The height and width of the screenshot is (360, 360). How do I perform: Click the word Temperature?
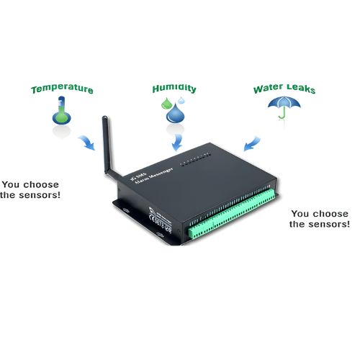click(x=62, y=90)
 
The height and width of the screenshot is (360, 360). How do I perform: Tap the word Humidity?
click(x=174, y=89)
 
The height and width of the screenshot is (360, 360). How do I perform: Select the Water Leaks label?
click(x=284, y=90)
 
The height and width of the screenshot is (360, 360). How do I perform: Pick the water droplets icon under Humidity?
click(x=173, y=109)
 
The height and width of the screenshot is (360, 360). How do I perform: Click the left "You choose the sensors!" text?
click(x=30, y=189)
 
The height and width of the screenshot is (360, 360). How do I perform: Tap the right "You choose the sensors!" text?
click(x=320, y=219)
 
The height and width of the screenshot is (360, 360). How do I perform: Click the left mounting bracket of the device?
click(x=123, y=209)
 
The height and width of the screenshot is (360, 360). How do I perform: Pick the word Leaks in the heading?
click(x=300, y=90)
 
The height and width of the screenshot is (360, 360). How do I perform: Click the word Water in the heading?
click(x=267, y=91)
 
